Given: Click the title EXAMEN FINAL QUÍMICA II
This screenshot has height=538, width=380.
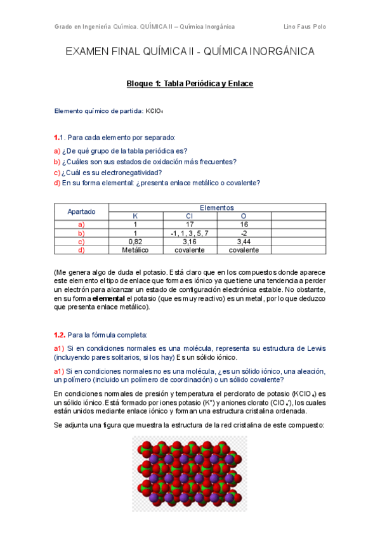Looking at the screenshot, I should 190,52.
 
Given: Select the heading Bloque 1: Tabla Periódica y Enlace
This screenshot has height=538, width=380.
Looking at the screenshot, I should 190,84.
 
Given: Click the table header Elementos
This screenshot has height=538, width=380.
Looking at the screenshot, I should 217,207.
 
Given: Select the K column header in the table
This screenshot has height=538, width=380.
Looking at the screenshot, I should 135,216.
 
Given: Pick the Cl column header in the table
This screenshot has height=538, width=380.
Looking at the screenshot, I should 190,216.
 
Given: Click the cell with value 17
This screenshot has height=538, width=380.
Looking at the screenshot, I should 190,225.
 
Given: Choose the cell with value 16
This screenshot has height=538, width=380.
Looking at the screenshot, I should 244,225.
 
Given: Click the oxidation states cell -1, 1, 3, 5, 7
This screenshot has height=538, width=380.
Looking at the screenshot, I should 190,233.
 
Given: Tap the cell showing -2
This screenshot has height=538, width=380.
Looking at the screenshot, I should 244,233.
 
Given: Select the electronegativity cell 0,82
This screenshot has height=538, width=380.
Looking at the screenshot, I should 135,242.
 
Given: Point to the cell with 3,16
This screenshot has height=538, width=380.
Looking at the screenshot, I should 190,242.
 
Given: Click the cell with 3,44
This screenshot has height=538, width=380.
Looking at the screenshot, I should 244,242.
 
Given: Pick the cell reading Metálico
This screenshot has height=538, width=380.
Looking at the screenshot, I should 135,250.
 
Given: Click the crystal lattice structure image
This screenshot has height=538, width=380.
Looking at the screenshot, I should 189,473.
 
